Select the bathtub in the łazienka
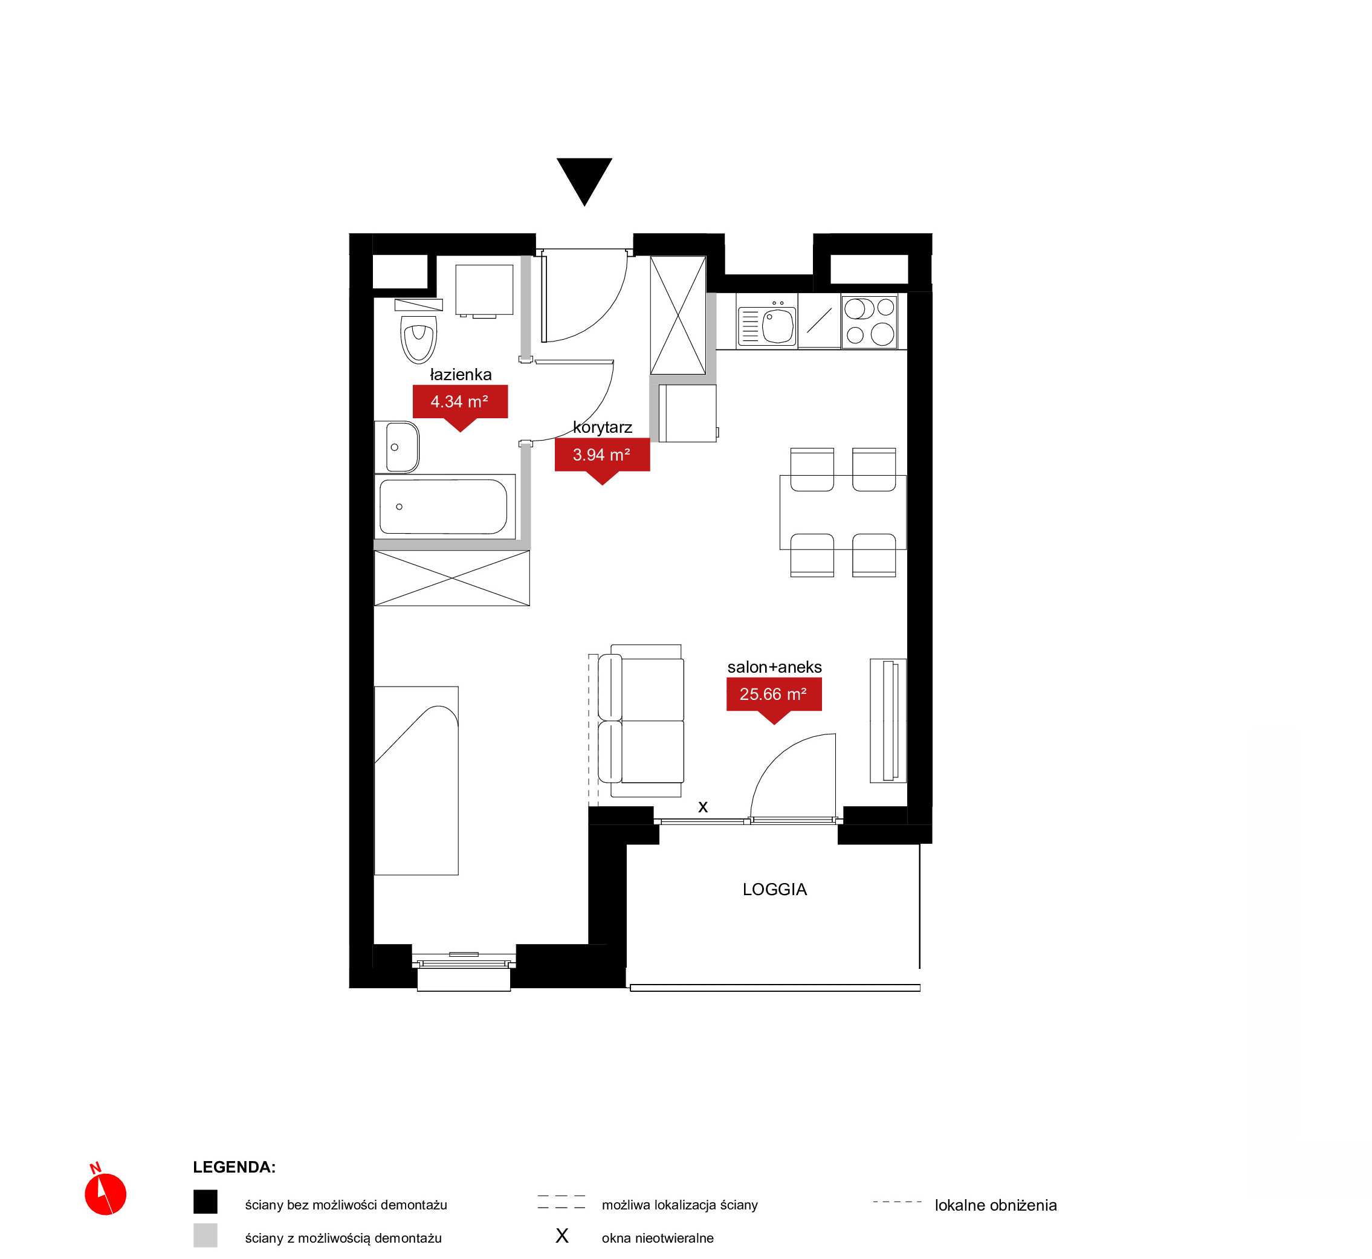coord(445,506)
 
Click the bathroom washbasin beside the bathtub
coord(397,447)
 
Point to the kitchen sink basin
coord(778,326)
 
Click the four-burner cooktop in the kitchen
coord(869,322)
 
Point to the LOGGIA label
coord(775,889)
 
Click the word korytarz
coord(602,427)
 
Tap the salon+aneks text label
coord(775,667)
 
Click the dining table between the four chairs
coord(843,512)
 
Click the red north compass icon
coord(105,1193)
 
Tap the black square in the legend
coord(205,1202)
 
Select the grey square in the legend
coord(205,1235)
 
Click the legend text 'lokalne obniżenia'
coord(995,1205)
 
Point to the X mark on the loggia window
coord(703,808)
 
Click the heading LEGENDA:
coord(234,1167)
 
